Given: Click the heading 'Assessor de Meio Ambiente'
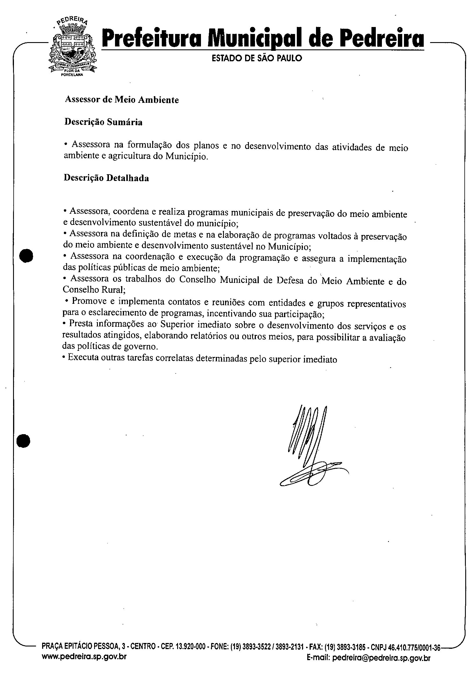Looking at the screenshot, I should tap(121, 100).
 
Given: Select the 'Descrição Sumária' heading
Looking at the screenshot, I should tap(103, 122).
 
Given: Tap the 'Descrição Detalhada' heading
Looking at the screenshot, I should tap(106, 178).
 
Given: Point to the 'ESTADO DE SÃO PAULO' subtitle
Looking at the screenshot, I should tap(257, 59).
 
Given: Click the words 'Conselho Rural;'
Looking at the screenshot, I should tap(94, 290).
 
